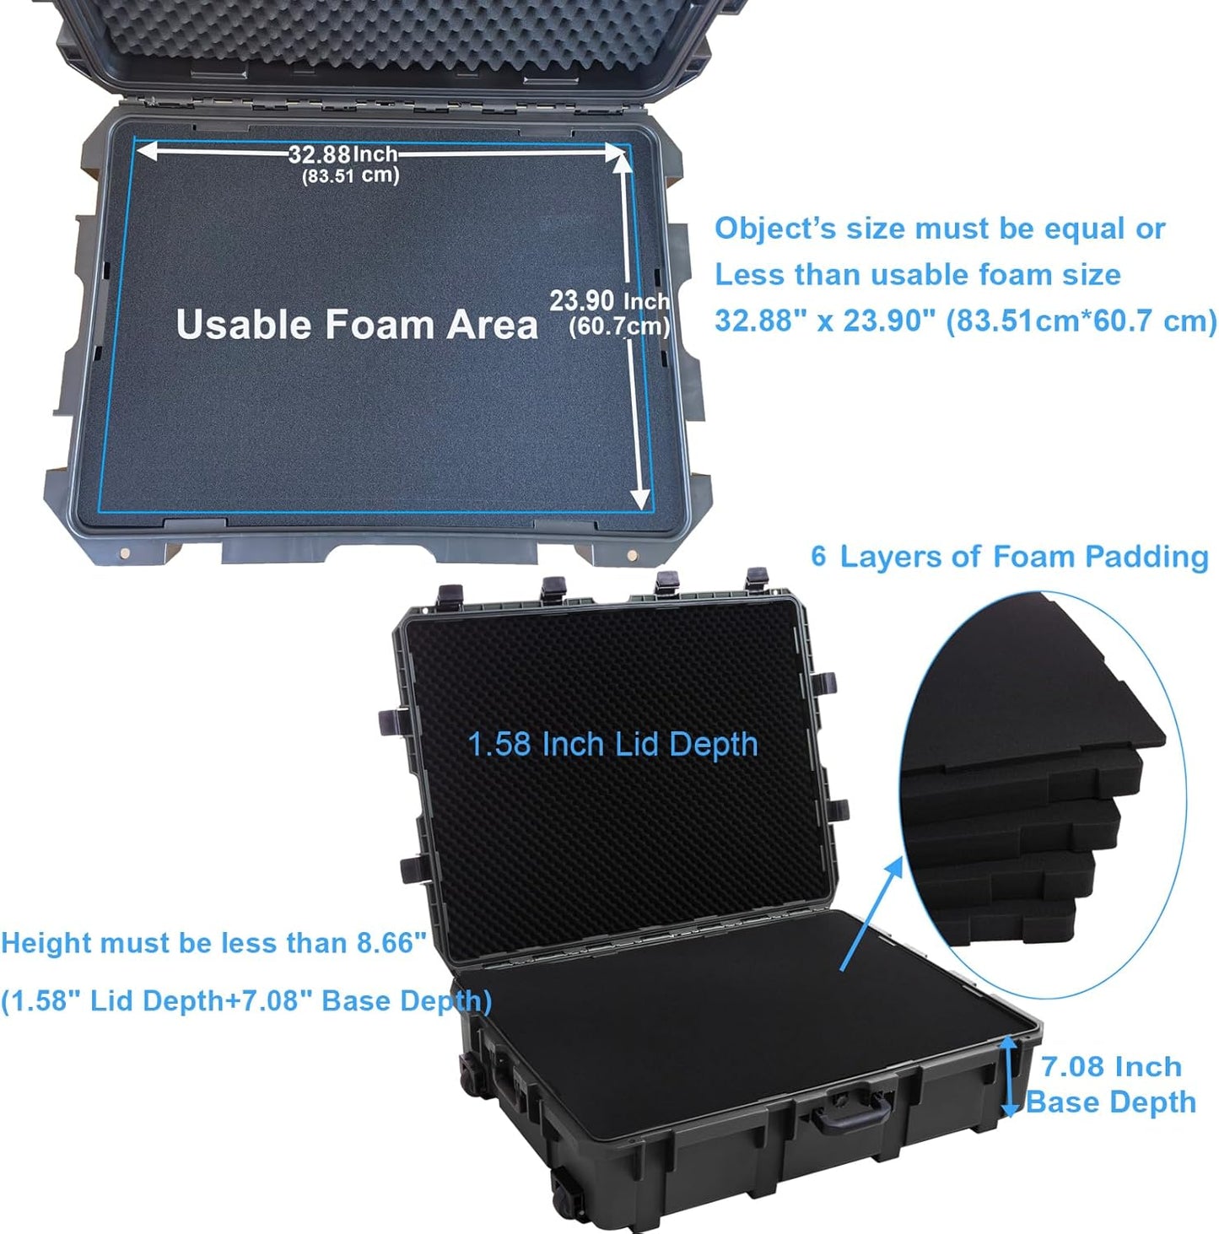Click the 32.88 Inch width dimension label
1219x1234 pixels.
click(x=343, y=154)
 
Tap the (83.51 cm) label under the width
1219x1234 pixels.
click(x=350, y=175)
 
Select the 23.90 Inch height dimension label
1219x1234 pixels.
click(x=609, y=301)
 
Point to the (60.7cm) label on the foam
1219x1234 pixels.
click(x=618, y=326)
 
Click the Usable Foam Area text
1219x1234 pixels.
click(x=356, y=325)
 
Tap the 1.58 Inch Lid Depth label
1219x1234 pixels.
click(x=612, y=744)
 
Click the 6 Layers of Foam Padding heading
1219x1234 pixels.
click(x=1009, y=557)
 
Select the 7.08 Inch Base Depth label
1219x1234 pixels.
click(x=1110, y=1084)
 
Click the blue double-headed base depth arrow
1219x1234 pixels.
click(x=1009, y=1076)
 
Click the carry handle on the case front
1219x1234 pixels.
click(x=852, y=1111)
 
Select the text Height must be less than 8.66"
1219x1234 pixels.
click(x=213, y=943)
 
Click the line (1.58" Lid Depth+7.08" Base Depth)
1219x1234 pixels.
click(x=245, y=1001)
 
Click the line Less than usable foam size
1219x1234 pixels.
click(x=917, y=275)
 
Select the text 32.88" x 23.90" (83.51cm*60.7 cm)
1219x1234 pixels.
click(x=965, y=321)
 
